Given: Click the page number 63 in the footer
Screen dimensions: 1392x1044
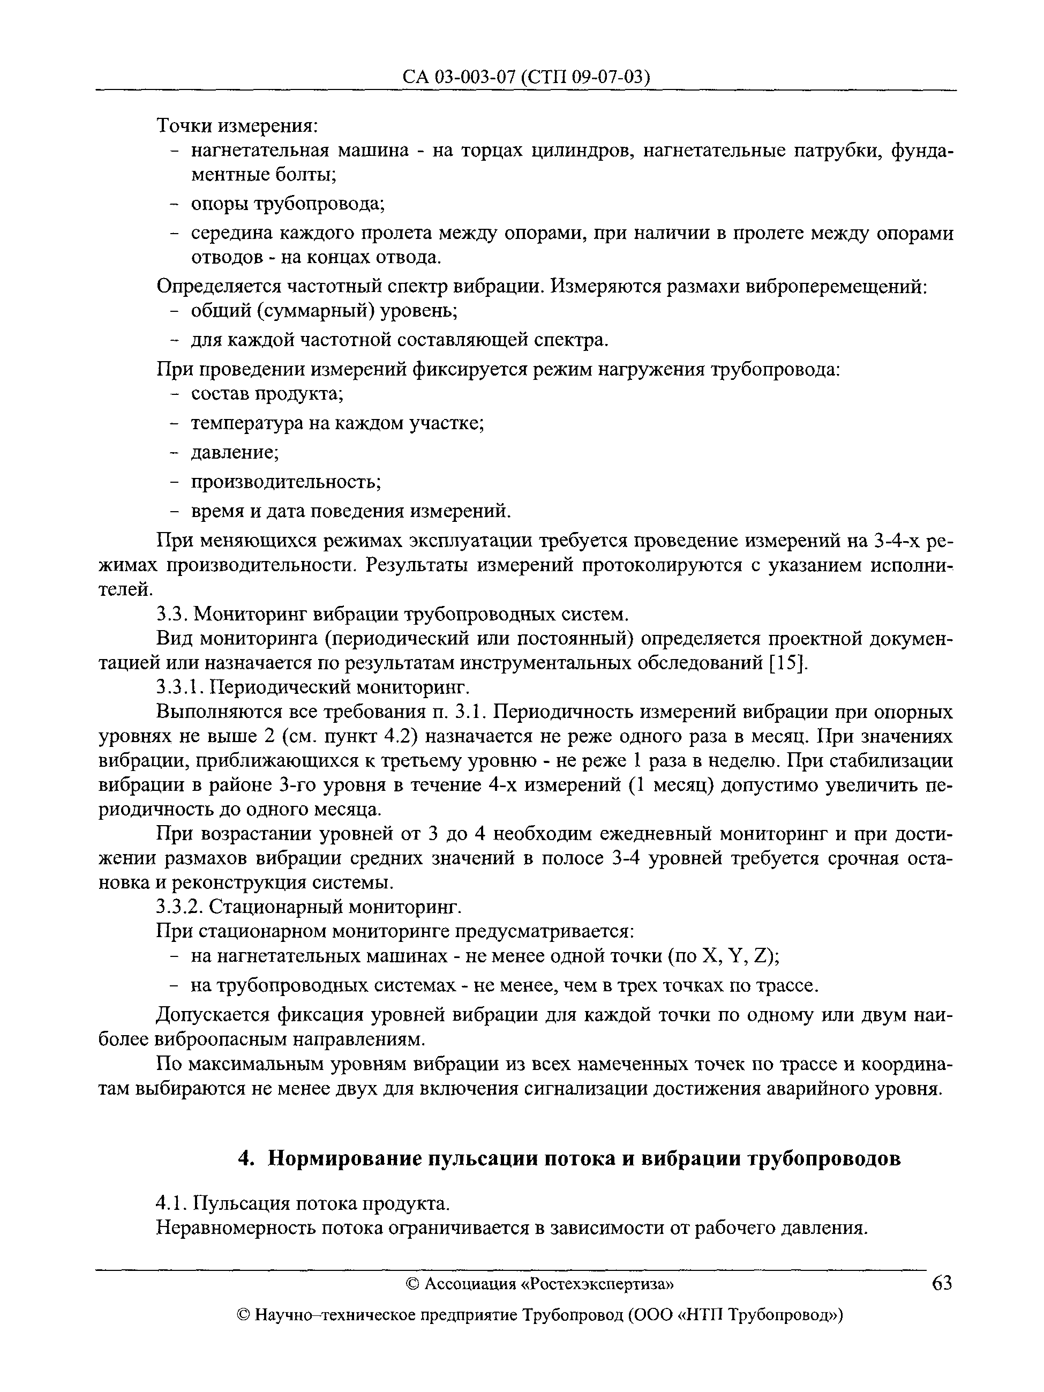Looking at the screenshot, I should [x=942, y=1283].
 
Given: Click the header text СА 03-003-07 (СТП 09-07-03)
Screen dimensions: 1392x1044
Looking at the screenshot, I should [x=525, y=77].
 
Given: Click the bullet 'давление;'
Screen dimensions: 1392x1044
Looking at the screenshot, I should [x=235, y=452].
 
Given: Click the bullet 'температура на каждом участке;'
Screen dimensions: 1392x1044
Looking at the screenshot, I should [x=337, y=423].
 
